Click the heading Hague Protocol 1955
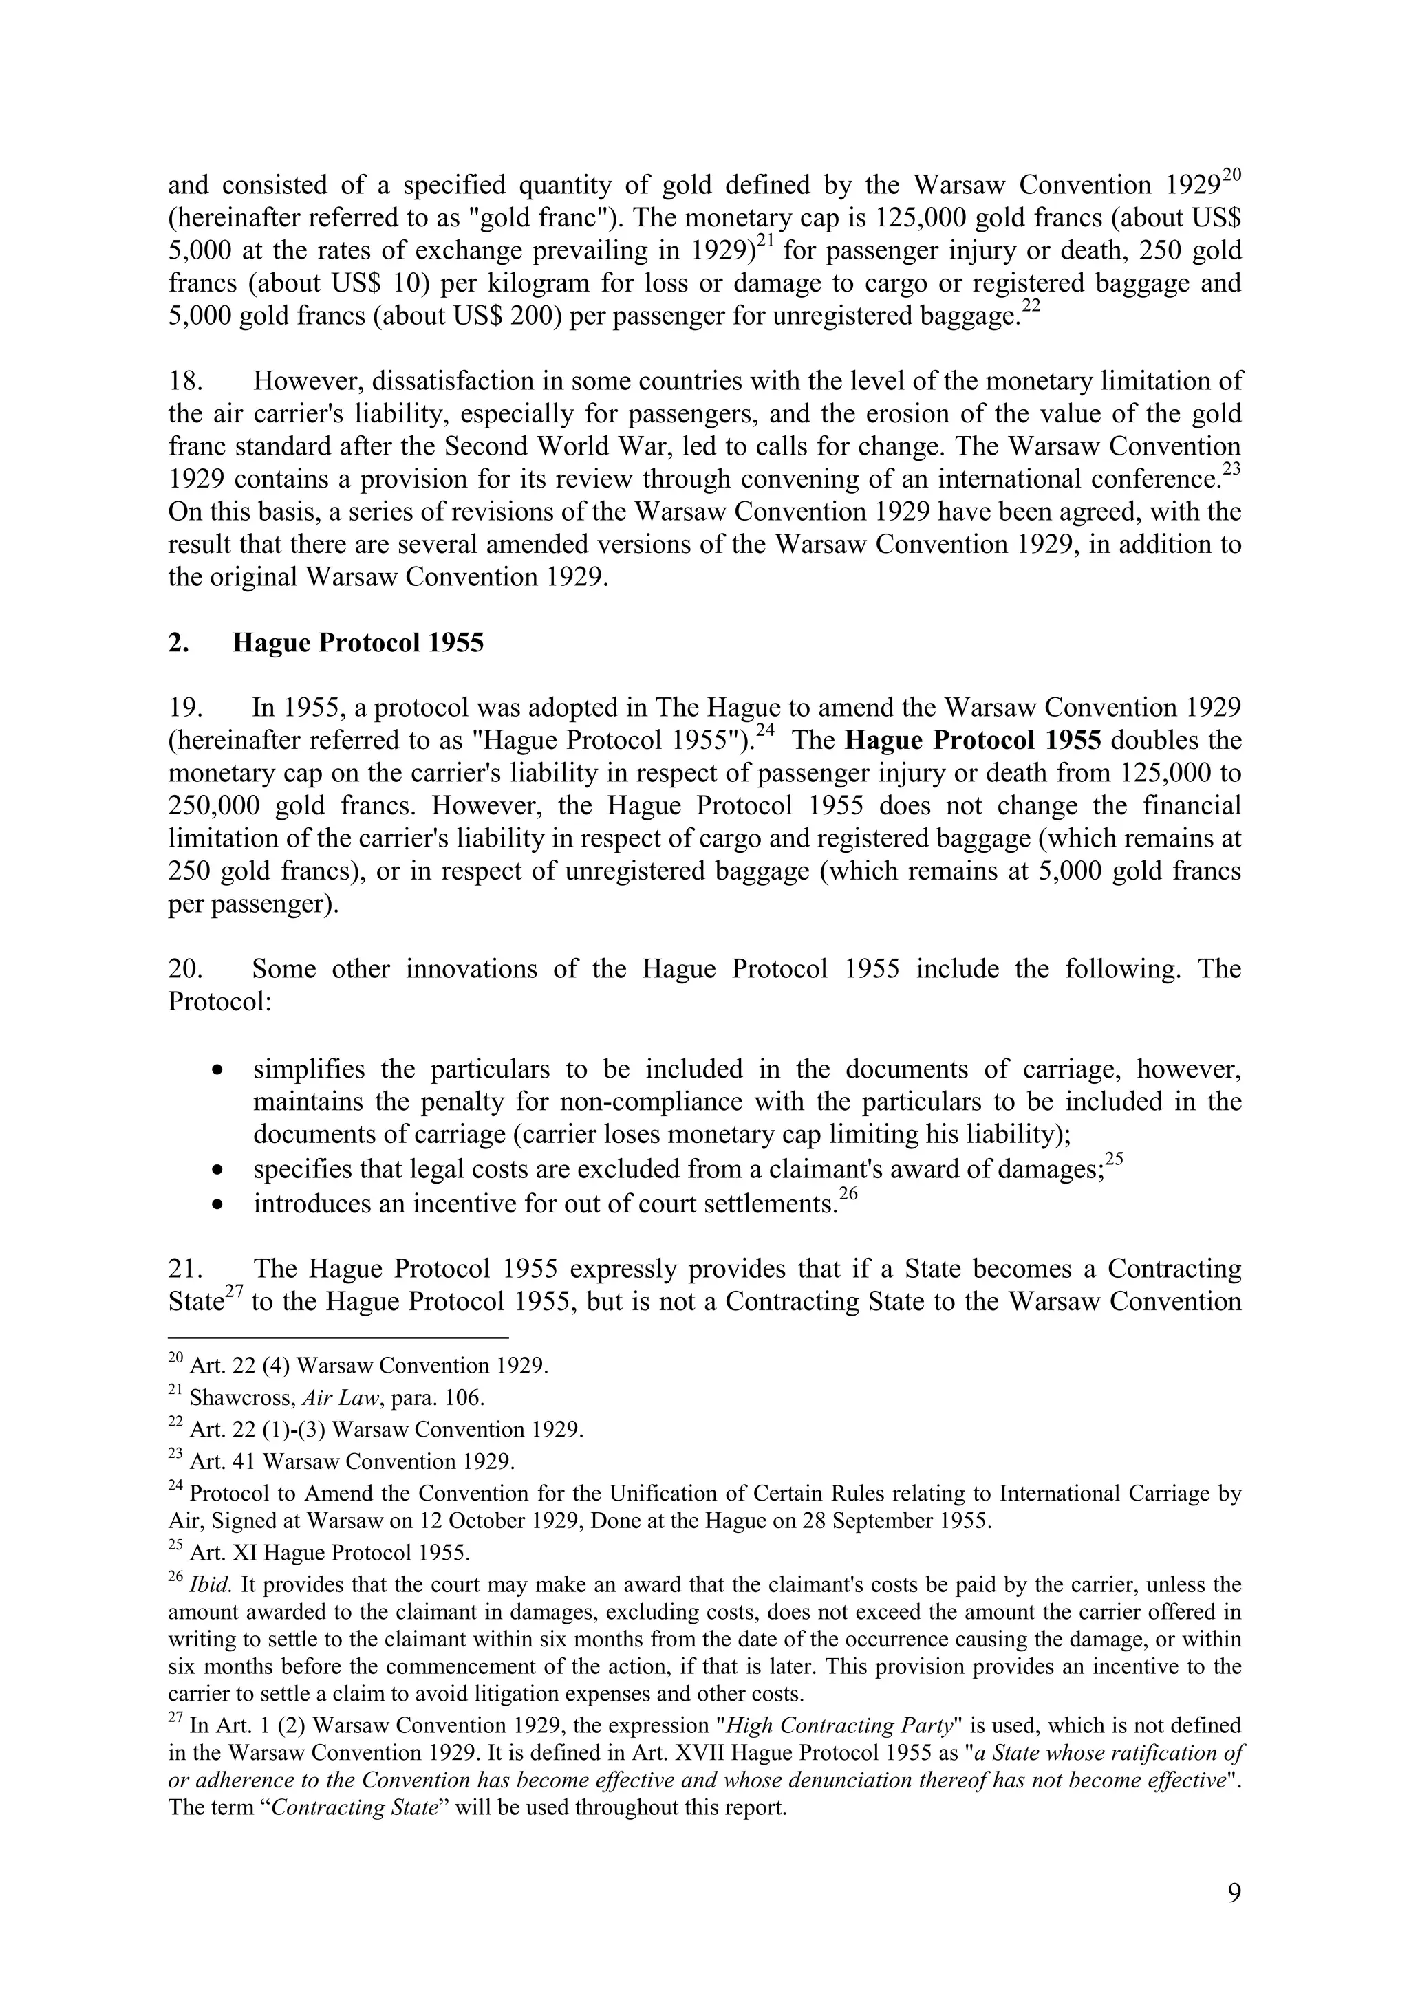tap(358, 643)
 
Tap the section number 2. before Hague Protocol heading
tap(179, 643)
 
